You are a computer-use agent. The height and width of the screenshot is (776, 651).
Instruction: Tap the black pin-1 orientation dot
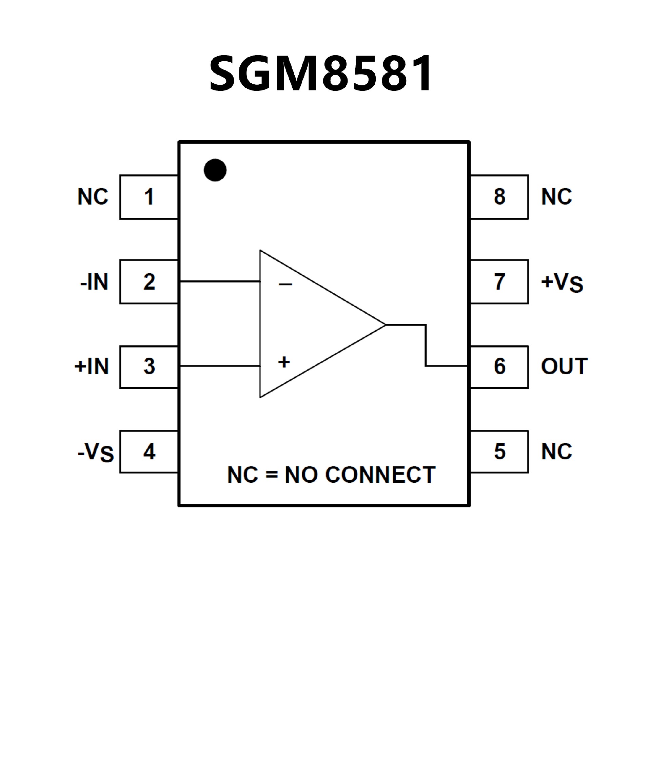(x=215, y=170)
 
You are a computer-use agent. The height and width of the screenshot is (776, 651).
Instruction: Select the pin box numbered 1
(x=149, y=197)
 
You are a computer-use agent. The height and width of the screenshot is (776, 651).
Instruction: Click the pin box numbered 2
(x=149, y=282)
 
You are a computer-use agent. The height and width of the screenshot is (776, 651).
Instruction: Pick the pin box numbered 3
(x=149, y=366)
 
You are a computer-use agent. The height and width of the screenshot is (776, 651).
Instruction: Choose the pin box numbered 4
(x=149, y=452)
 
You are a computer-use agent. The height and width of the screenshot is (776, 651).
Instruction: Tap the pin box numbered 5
(x=499, y=452)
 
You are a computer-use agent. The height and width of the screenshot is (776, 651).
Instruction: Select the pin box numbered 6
(x=499, y=366)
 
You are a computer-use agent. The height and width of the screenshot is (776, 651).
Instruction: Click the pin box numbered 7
(x=499, y=282)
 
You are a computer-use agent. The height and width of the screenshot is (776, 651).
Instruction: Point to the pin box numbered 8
(x=499, y=197)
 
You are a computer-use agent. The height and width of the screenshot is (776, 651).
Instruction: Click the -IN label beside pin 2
(x=94, y=282)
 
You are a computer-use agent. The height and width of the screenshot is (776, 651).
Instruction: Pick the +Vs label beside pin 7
(x=562, y=283)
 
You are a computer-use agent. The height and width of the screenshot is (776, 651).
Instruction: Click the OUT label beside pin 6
(x=564, y=366)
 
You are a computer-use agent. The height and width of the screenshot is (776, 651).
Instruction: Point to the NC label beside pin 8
(x=556, y=197)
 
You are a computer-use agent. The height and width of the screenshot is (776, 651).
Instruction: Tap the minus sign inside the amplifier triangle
(x=285, y=285)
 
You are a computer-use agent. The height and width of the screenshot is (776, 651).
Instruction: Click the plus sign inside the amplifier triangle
(x=284, y=362)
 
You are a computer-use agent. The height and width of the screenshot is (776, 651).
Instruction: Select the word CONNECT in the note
(x=380, y=475)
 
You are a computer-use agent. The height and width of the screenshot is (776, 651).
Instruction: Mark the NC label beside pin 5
(x=556, y=452)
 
